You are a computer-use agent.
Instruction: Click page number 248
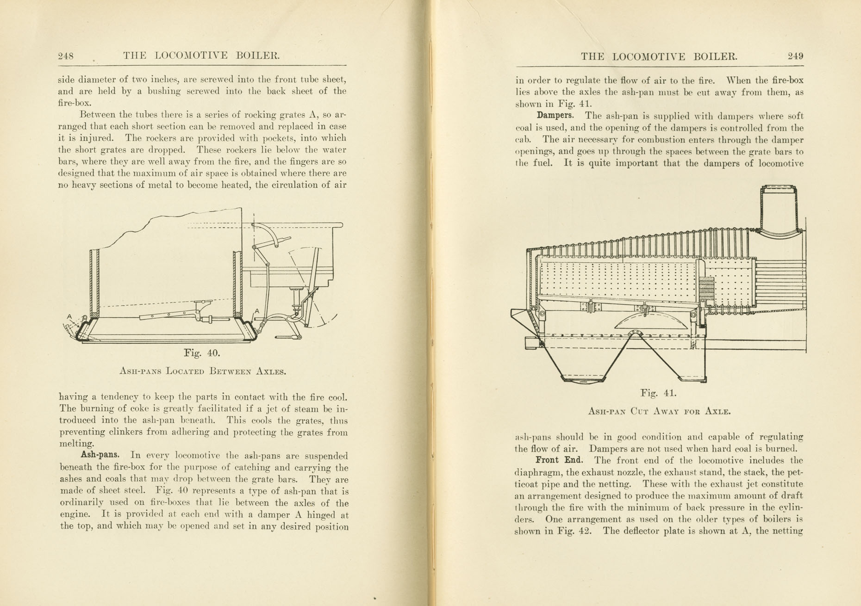[x=66, y=56]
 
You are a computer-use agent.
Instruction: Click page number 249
[x=795, y=56]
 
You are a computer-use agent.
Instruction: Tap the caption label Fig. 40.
[x=202, y=353]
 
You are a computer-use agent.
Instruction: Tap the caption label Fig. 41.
[x=658, y=393]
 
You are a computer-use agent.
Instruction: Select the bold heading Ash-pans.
[x=100, y=455]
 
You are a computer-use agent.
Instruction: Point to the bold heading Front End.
[x=559, y=460]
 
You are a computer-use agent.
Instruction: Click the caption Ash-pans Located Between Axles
[x=203, y=371]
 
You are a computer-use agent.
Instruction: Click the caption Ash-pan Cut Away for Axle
[x=659, y=411]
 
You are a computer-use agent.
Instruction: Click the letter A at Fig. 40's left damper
[x=69, y=316]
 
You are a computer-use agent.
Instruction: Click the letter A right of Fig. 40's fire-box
[x=257, y=311]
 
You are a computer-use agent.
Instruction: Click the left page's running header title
[x=201, y=56]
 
